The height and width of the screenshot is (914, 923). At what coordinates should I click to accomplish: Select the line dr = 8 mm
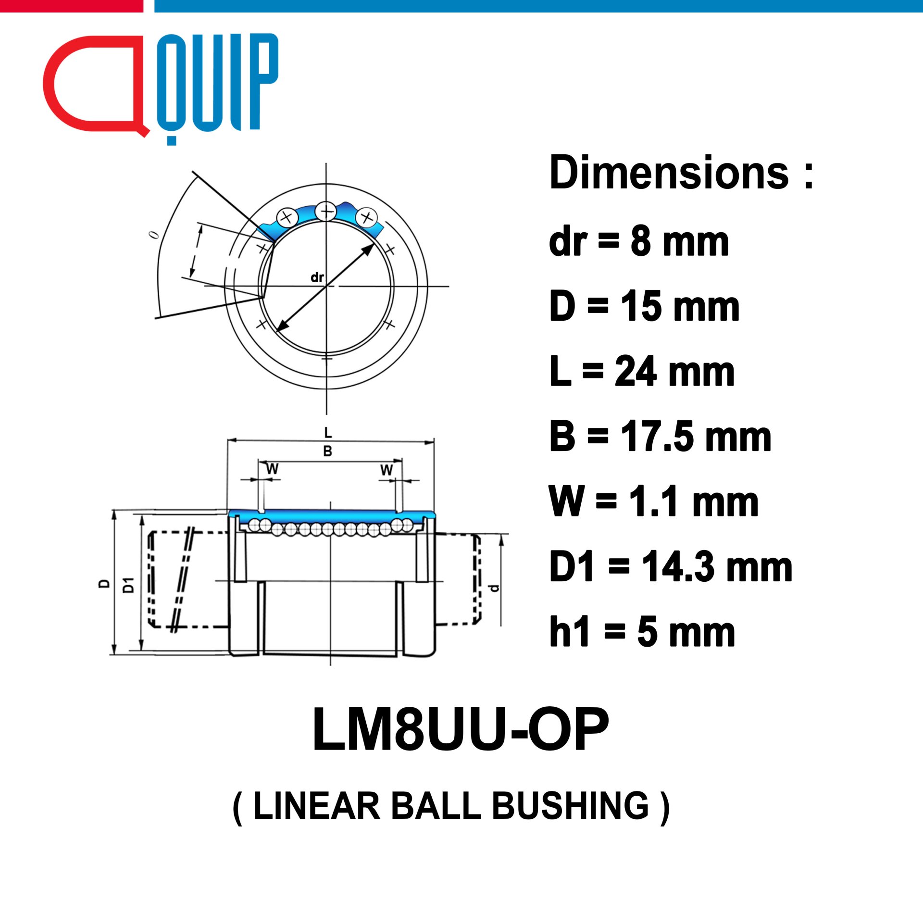pyautogui.click(x=638, y=241)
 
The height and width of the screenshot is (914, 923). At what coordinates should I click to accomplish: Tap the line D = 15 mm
pyautogui.click(x=644, y=306)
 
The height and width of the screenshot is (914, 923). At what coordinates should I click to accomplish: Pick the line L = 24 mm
pyautogui.click(x=642, y=372)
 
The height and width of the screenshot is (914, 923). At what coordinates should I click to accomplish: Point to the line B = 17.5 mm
pyautogui.click(x=660, y=437)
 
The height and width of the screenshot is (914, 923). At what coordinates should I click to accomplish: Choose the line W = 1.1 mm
pyautogui.click(x=654, y=501)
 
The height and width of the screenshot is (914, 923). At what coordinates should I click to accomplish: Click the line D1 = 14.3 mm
pyautogui.click(x=671, y=567)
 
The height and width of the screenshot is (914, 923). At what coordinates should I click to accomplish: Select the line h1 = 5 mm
pyautogui.click(x=642, y=632)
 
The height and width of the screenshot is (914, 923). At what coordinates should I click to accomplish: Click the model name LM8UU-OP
pyautogui.click(x=461, y=729)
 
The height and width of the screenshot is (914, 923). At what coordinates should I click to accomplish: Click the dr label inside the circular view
pyautogui.click(x=317, y=277)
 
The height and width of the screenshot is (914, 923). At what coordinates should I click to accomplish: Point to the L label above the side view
pyautogui.click(x=328, y=433)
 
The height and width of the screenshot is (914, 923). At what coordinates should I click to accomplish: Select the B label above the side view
pyautogui.click(x=327, y=451)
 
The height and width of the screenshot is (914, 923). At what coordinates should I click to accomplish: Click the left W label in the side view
pyautogui.click(x=272, y=469)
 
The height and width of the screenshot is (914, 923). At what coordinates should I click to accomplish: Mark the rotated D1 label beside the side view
pyautogui.click(x=128, y=585)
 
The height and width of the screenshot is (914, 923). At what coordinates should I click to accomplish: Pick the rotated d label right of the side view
pyautogui.click(x=494, y=588)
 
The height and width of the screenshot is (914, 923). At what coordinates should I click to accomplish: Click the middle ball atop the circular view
pyautogui.click(x=326, y=211)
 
